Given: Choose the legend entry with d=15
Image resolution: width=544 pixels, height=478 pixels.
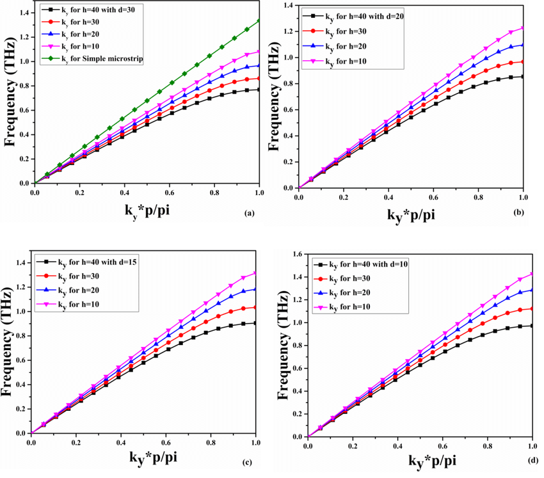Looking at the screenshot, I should click(x=90, y=262).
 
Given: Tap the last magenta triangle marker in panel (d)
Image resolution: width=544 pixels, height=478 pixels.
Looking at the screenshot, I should click(x=532, y=274).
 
